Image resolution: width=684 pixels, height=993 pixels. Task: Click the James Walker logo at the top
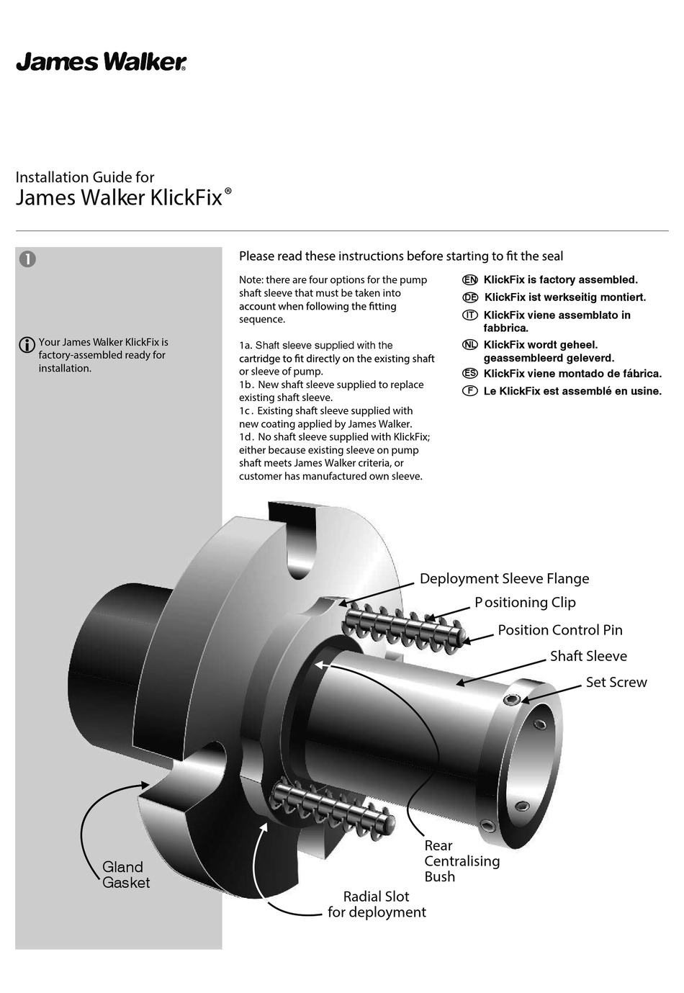[x=101, y=63]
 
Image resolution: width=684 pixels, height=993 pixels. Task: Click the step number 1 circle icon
[x=27, y=259]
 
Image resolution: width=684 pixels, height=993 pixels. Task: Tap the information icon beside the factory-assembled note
[x=26, y=345]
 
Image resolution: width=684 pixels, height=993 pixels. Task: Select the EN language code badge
[x=469, y=280]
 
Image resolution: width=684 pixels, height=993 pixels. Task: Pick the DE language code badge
[x=469, y=297]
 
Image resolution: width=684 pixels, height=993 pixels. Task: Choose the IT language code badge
[x=469, y=315]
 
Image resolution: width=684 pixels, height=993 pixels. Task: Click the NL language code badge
[x=469, y=345]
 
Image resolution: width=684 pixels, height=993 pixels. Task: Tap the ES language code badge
[x=469, y=373]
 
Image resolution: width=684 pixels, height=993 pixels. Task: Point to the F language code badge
[x=469, y=391]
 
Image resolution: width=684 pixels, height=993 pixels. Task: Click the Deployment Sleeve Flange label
[x=504, y=579]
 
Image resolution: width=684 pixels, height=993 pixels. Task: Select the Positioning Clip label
[x=525, y=603]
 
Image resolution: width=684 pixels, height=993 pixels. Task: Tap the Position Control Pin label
[x=559, y=630]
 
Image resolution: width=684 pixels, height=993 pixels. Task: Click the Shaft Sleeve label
[x=588, y=656]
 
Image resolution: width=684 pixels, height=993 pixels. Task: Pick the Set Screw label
[x=616, y=682]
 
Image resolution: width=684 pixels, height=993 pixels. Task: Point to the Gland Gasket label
[x=125, y=875]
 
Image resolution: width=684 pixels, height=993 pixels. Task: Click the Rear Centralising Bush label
[x=461, y=861]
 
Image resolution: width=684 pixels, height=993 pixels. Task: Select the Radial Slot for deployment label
[x=377, y=904]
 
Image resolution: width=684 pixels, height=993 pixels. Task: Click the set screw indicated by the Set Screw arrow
[x=512, y=701]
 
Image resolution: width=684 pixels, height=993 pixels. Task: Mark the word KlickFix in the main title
[x=186, y=198]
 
